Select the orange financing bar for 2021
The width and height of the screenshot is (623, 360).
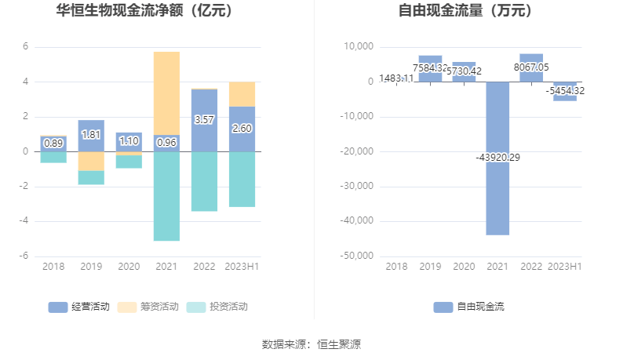click(166, 93)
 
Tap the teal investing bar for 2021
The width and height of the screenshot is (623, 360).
click(166, 195)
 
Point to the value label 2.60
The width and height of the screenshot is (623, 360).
click(242, 128)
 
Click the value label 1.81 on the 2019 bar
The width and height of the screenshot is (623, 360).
click(91, 134)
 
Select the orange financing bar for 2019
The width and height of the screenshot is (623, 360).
click(91, 161)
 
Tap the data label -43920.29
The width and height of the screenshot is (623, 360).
click(497, 158)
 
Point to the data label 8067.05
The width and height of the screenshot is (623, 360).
click(531, 67)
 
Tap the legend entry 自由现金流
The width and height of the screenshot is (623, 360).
click(468, 307)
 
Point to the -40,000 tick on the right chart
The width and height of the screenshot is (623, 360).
click(355, 221)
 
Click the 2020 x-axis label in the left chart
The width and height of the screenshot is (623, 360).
click(129, 267)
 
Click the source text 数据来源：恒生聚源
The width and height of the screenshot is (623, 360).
click(311, 344)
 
